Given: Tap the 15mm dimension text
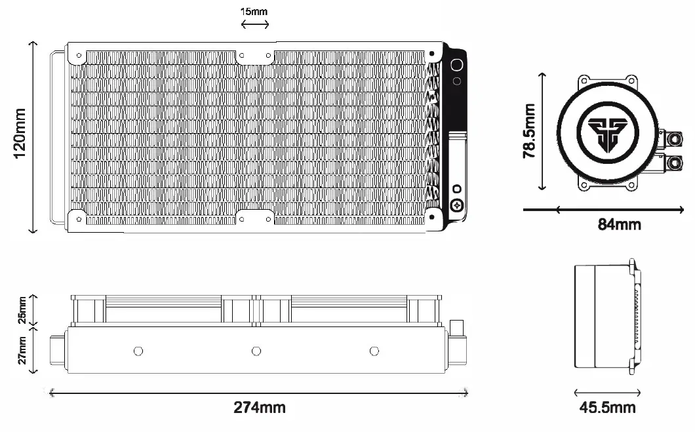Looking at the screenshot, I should tap(254, 11).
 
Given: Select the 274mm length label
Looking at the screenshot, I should tap(260, 408).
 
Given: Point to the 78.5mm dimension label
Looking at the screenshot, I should tap(530, 131).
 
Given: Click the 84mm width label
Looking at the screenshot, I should tap(619, 225).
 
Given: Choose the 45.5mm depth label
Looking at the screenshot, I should tap(607, 408).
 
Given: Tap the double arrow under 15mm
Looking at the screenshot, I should tap(254, 25).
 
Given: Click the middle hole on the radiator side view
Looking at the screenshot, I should tap(256, 351).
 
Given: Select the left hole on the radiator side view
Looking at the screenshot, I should tap(138, 351).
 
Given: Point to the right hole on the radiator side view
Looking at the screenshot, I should tap(374, 351).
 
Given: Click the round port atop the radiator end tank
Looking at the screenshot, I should tap(456, 65).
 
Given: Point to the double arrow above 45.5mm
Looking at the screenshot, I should tap(607, 393).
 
